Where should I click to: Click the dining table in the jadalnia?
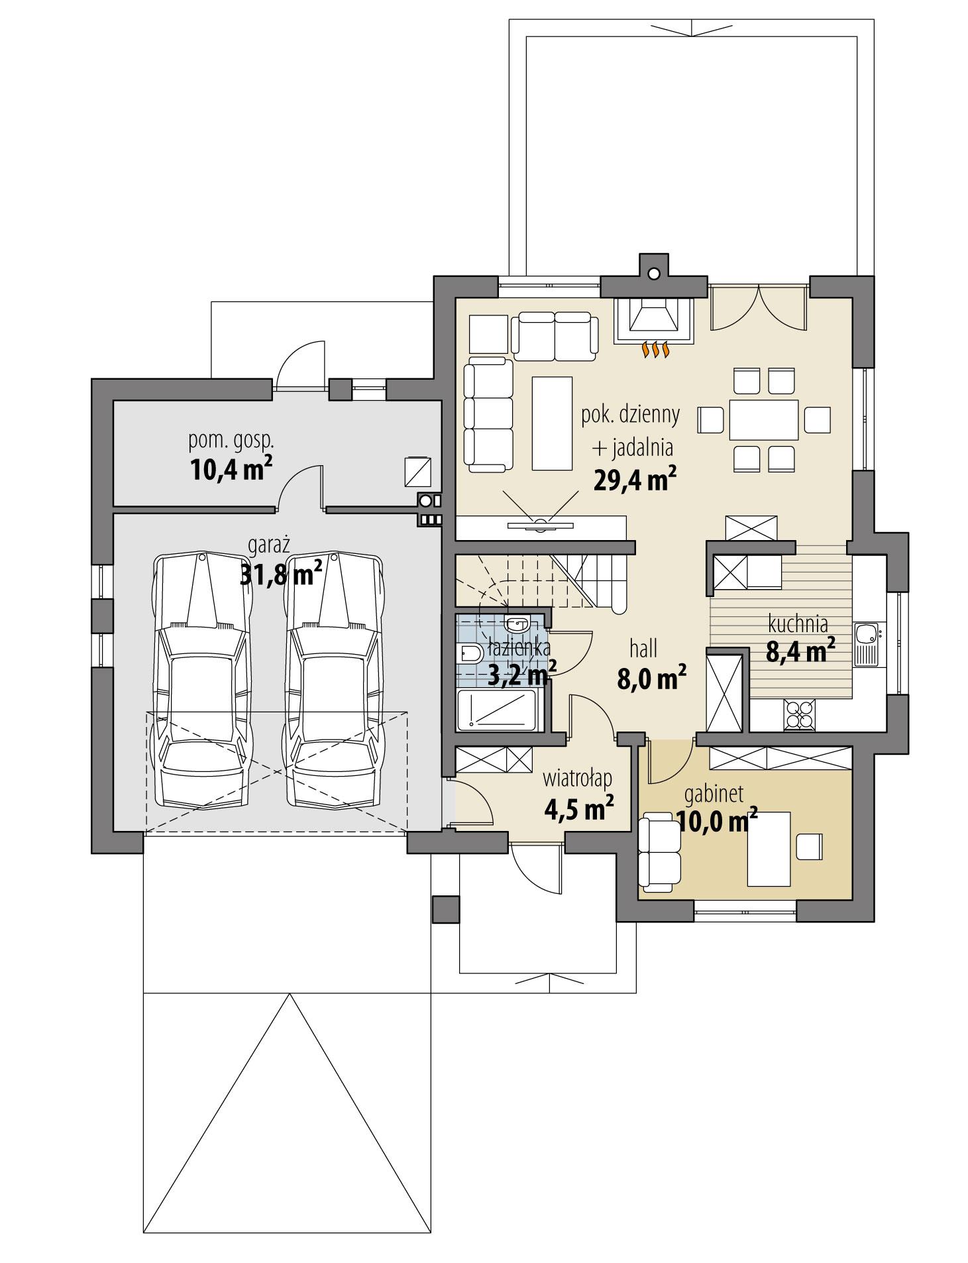[x=763, y=420]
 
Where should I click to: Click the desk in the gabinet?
[x=769, y=849]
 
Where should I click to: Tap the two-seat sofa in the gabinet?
[x=659, y=850]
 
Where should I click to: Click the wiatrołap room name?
[x=576, y=777]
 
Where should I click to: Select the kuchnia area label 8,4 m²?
[x=800, y=652]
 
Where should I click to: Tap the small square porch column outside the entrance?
[x=445, y=910]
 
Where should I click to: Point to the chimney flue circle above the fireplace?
[x=654, y=273]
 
